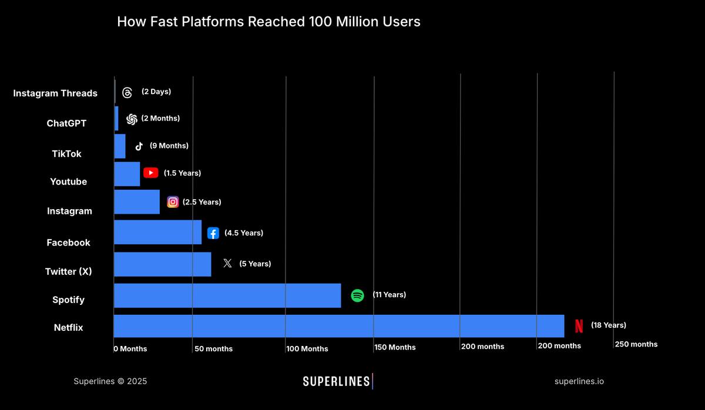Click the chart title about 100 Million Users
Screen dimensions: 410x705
click(268, 22)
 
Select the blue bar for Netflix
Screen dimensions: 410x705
click(338, 326)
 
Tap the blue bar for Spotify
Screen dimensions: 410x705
click(227, 295)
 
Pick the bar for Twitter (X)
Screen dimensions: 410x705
click(162, 264)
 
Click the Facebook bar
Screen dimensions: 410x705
click(157, 233)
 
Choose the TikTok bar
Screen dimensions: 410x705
click(119, 146)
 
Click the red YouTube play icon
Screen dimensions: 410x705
click(151, 173)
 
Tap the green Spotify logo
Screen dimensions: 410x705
click(357, 295)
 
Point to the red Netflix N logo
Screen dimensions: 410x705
click(579, 326)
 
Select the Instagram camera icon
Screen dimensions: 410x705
click(173, 202)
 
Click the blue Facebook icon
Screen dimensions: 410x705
click(213, 233)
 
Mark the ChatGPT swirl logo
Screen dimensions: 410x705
click(132, 119)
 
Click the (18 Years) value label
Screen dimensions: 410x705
click(609, 325)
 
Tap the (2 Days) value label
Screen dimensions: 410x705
click(156, 92)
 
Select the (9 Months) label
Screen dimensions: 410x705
click(169, 146)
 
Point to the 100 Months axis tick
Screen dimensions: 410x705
click(307, 349)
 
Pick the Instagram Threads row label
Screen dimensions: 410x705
click(55, 93)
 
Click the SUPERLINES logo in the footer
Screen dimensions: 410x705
click(337, 381)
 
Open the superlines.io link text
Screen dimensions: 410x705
click(579, 381)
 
